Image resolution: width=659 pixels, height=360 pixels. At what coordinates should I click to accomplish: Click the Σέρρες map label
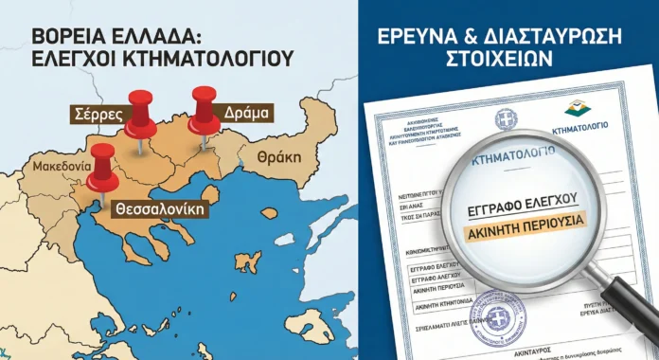98,114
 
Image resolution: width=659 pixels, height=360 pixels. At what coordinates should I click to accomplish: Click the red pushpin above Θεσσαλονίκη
102,168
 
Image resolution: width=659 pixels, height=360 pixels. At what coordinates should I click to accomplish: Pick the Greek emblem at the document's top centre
506,119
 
